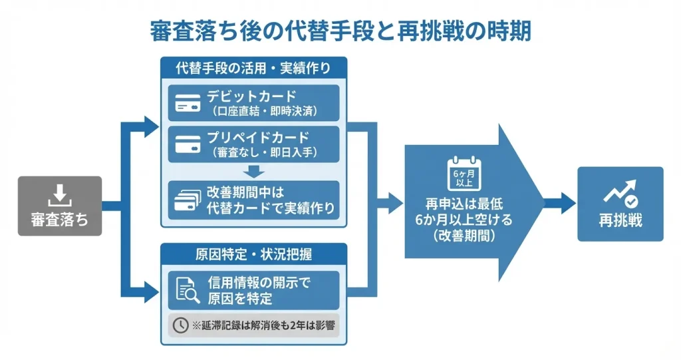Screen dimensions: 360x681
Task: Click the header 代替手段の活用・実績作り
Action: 253,68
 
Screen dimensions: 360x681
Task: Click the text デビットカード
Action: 253,96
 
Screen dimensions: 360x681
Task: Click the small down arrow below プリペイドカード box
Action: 253,170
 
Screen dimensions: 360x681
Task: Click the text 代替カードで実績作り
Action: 270,208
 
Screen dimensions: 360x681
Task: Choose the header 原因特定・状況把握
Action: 253,254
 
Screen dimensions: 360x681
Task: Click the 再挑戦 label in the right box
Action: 620,221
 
